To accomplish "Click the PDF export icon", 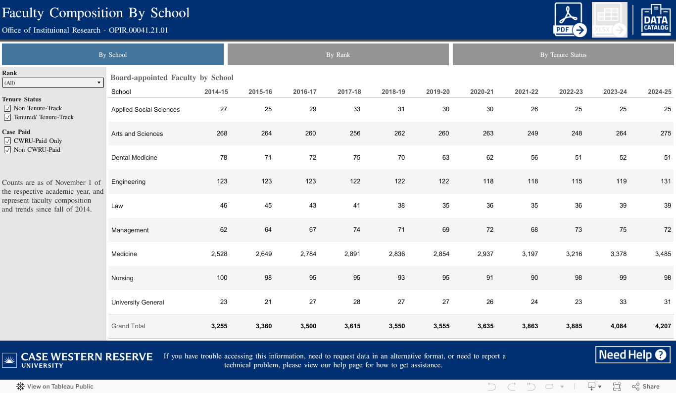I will pyautogui.click(x=570, y=20).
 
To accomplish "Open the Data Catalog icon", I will pyautogui.click(x=656, y=20).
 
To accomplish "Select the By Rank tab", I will pyautogui.click(x=338, y=55).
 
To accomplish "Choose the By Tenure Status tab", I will pyautogui.click(x=563, y=55).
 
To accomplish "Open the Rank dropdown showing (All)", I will pyautogui.click(x=53, y=83).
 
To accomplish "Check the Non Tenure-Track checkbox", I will pyautogui.click(x=7, y=108).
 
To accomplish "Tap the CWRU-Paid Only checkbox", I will pyautogui.click(x=7, y=141).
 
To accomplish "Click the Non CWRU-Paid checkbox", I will pyautogui.click(x=7, y=150).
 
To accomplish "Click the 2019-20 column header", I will pyautogui.click(x=438, y=92).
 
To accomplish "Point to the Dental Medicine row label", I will pyautogui.click(x=134, y=158).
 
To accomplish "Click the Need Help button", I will pyautogui.click(x=632, y=355).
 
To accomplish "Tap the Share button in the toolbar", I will pyautogui.click(x=646, y=387).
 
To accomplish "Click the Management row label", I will pyautogui.click(x=130, y=230).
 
